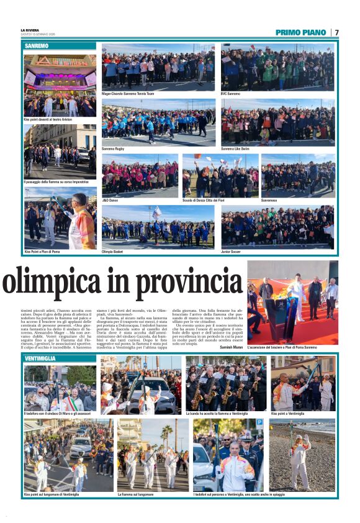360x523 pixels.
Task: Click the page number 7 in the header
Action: (x=336, y=32)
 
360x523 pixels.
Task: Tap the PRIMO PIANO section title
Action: (x=300, y=32)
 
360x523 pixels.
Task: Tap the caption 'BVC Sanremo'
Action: (x=230, y=94)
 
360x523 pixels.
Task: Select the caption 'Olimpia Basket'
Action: (x=114, y=252)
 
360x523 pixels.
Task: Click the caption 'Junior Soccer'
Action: (x=232, y=252)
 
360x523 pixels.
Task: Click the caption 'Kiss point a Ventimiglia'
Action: (x=288, y=413)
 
